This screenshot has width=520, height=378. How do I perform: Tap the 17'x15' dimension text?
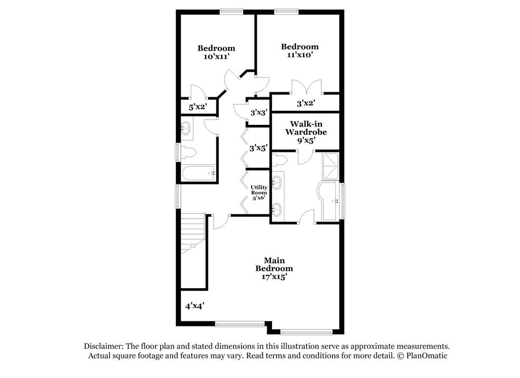pos(274,277)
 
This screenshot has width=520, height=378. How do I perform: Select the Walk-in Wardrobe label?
pos(306,128)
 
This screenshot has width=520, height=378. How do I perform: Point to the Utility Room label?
pos(258,190)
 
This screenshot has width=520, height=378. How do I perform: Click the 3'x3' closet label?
pos(258,112)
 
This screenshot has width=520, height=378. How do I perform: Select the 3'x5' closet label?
pos(258,148)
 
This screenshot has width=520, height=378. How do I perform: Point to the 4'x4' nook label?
pos(194,306)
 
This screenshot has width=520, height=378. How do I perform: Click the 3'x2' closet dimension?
pos(306,103)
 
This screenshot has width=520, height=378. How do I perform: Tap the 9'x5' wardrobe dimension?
pos(306,140)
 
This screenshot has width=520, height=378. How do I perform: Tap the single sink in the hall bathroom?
pos(186,128)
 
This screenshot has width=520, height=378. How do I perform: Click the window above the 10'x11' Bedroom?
pos(229,11)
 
